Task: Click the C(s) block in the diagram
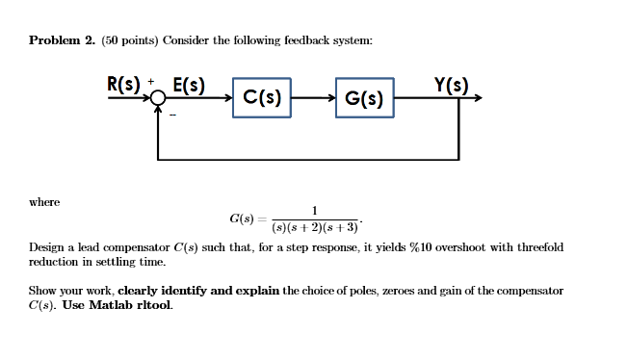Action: click(262, 98)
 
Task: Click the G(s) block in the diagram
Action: click(364, 98)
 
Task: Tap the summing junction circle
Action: click(158, 98)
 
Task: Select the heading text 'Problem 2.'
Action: click(62, 40)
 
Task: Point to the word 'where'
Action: click(44, 202)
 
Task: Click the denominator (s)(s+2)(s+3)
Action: click(315, 228)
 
